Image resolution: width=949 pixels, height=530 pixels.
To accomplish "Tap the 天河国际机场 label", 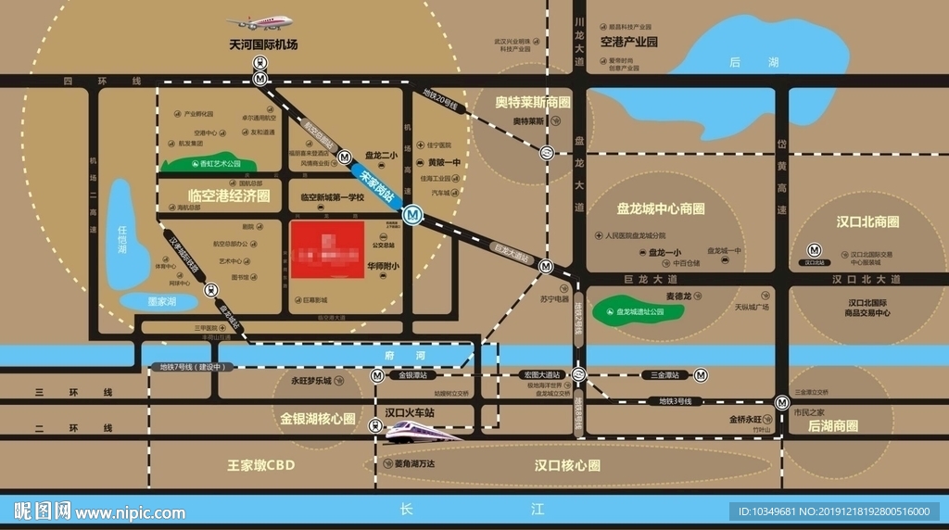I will [263, 44].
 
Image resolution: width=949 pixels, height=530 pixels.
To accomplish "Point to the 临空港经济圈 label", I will [229, 196].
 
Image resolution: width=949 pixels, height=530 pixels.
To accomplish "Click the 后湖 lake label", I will [740, 62].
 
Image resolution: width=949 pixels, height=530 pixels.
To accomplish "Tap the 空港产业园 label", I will [628, 42].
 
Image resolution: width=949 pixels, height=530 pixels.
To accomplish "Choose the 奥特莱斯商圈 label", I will [532, 102].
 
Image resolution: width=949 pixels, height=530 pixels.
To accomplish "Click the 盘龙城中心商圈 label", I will [661, 208].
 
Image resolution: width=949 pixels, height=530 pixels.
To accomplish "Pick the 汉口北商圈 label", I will [867, 222].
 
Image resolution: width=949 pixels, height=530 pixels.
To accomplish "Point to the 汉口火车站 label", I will [410, 411].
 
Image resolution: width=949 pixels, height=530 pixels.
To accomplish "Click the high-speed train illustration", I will [421, 431].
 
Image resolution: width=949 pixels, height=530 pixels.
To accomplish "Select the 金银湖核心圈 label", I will [318, 419].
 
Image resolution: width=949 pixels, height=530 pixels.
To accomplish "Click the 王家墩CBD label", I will [260, 464].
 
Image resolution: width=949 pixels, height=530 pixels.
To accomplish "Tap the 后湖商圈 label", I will [832, 426].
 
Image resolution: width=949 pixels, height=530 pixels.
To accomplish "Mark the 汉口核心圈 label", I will [567, 464].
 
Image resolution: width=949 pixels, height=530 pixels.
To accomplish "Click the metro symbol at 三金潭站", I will [702, 375].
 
